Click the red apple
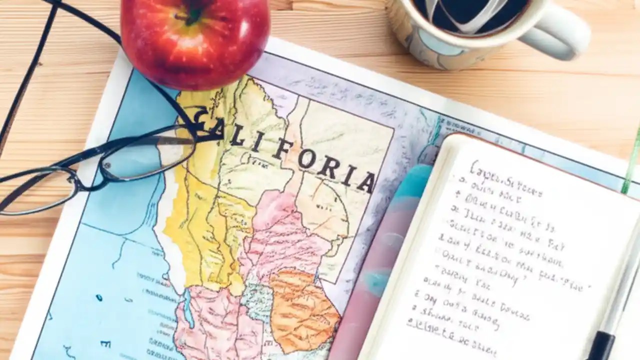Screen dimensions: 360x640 pos(195,42)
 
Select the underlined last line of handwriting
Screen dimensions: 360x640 pos(450,332)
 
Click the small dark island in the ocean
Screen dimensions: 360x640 pos(99,298)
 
